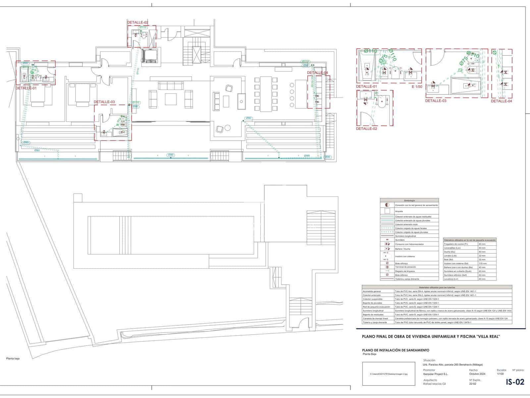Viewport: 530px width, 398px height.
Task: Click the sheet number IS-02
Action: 515,382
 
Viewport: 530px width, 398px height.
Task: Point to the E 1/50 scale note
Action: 417,87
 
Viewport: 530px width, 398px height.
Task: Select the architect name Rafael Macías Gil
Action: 435,384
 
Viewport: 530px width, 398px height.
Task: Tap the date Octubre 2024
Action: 477,374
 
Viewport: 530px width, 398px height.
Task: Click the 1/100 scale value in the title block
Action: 501,374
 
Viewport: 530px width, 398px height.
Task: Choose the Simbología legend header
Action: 409,201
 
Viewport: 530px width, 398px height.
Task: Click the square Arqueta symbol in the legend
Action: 387,211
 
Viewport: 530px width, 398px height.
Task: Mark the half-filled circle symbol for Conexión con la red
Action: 387,205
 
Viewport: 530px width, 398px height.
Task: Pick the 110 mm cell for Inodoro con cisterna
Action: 482,263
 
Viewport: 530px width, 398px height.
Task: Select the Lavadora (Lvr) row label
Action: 451,279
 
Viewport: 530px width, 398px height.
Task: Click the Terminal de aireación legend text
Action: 405,267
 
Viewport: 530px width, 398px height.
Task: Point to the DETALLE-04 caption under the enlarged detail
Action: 501,101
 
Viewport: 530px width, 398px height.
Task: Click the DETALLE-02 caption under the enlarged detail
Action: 366,128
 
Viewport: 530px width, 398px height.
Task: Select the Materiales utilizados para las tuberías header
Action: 437,287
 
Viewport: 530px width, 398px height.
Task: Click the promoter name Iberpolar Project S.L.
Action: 435,374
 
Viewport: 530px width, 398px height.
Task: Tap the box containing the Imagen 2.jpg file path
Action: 389,374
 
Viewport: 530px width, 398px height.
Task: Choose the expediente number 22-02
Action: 473,384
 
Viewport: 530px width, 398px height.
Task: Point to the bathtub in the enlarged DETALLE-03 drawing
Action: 466,86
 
